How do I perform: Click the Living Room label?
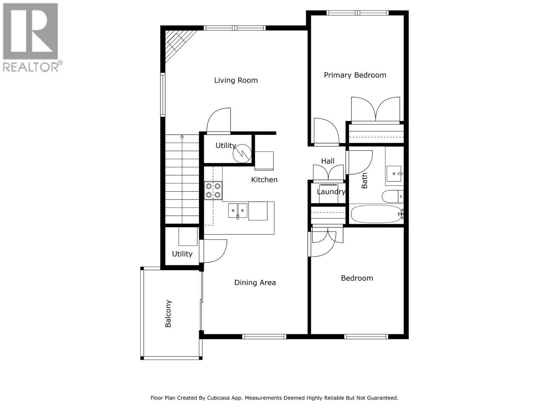click(236, 80)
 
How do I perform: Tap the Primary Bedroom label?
click(355, 75)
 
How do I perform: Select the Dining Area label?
click(255, 283)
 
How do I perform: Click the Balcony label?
click(168, 313)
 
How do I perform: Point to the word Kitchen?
click(264, 180)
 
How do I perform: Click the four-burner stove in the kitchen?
click(213, 191)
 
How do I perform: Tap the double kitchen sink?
click(237, 210)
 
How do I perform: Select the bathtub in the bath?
click(376, 214)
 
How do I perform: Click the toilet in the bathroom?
click(391, 196)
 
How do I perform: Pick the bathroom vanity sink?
click(394, 174)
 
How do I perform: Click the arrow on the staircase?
click(182, 137)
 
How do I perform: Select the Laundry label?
click(331, 192)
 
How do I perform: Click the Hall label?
click(328, 161)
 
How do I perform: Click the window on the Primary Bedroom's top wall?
click(357, 13)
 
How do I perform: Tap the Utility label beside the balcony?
click(182, 254)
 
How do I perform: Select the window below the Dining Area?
click(264, 336)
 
